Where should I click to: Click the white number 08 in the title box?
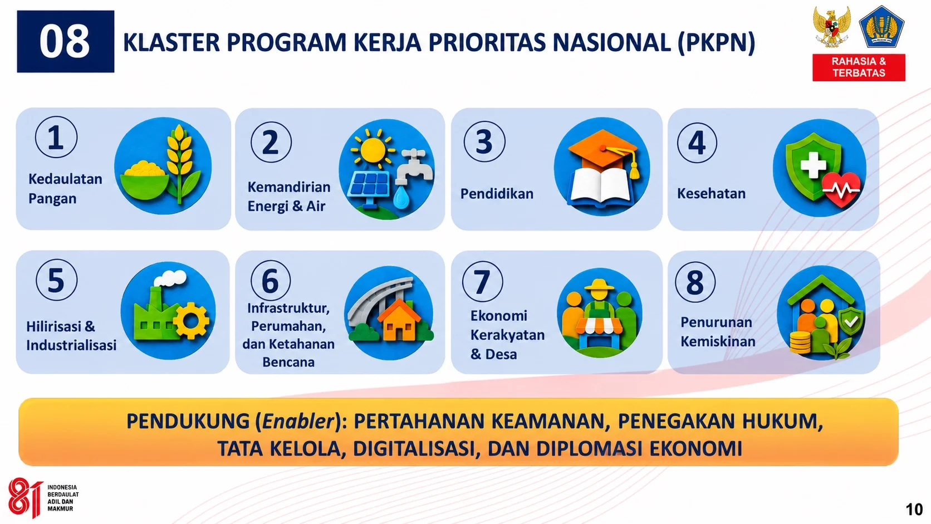coord(65,41)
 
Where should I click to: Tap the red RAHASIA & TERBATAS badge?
coord(859,67)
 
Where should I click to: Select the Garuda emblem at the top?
coord(832,27)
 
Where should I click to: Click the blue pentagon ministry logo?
coord(881,27)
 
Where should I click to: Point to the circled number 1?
coord(56,137)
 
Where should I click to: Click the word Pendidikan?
coord(497,194)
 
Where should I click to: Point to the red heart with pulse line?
coord(841,189)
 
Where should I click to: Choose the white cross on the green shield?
coord(814,165)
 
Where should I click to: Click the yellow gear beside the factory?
coord(191,320)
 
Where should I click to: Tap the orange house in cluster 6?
coord(399,320)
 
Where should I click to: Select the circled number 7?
coord(482,281)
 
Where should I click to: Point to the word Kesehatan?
coord(711,194)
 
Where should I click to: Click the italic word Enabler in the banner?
coord(297,422)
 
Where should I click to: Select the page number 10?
coord(914,510)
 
